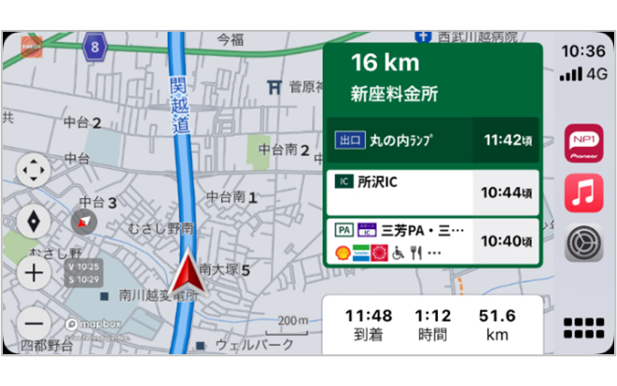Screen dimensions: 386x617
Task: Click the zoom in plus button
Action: [x=35, y=273]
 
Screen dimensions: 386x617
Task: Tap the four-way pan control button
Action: [x=35, y=172]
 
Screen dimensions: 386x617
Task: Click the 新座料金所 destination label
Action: [x=394, y=93]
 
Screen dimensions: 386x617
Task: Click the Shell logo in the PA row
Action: [x=343, y=252]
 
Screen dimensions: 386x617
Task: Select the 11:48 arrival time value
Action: [x=369, y=316]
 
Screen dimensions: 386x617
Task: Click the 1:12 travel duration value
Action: [x=433, y=316]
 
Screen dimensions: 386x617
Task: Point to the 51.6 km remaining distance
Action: [x=497, y=316]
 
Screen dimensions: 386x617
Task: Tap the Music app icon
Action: [x=583, y=194]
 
